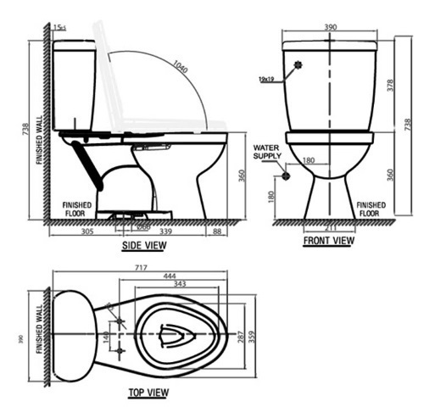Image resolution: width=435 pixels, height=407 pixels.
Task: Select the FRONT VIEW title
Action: pos(329,241)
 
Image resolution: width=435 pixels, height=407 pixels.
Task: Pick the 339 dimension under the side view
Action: pos(166,230)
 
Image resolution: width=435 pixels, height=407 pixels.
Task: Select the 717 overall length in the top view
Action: pos(142,268)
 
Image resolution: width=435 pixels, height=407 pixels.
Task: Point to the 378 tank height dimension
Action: pos(390,85)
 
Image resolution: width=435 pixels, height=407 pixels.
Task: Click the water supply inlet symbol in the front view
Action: pos(286,176)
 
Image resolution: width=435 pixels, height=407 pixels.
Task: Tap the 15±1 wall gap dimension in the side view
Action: pos(59,28)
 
